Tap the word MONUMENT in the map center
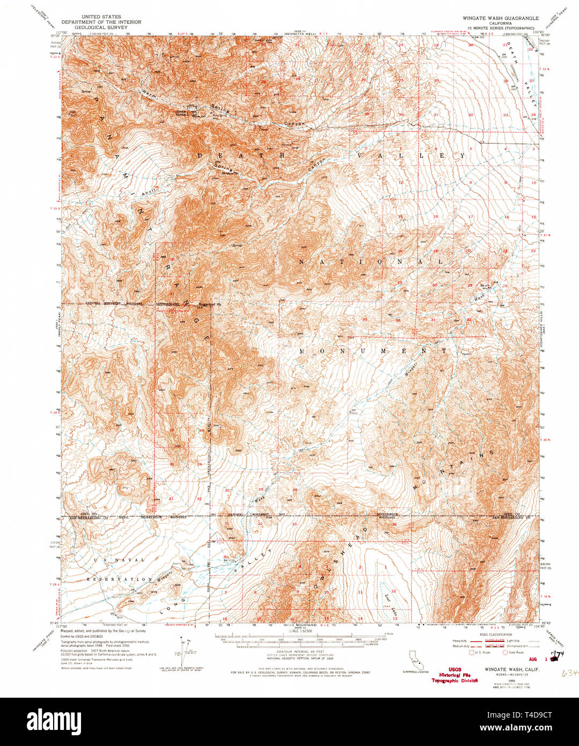372,350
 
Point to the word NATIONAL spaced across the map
370,261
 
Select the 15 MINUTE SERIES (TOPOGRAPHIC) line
500,27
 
